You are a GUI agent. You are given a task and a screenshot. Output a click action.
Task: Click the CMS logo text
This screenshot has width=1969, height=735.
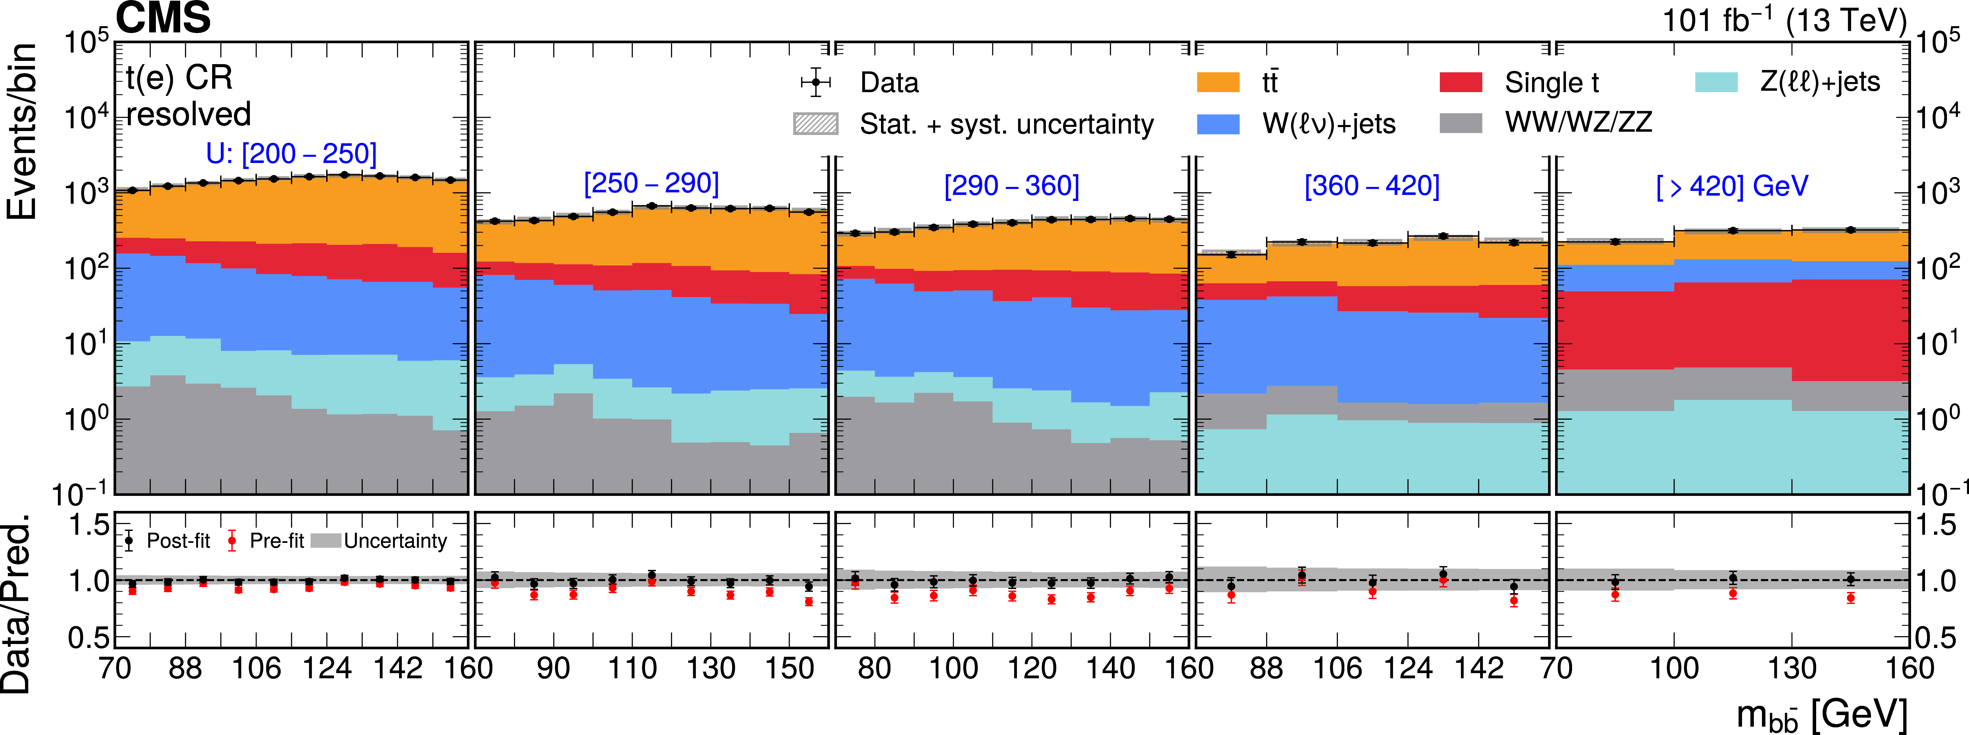(x=163, y=18)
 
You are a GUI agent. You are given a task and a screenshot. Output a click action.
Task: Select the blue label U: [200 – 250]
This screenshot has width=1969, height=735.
(x=291, y=153)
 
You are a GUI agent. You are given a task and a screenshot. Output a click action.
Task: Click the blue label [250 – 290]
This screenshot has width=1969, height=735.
(x=651, y=183)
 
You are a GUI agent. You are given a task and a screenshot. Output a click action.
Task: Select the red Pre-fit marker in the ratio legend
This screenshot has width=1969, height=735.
(x=232, y=541)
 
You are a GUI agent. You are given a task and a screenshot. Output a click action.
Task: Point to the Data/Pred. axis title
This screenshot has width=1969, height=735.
(x=17, y=604)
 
